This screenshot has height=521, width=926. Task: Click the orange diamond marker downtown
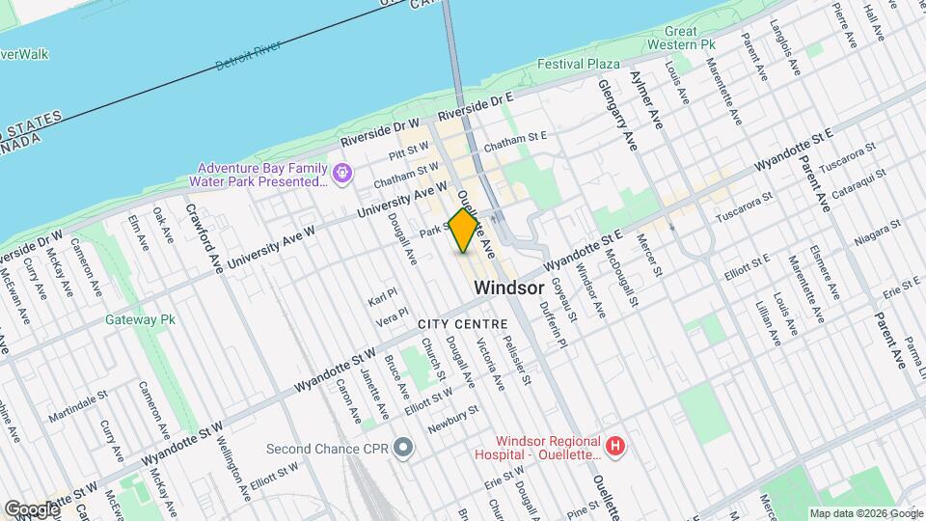tap(464, 231)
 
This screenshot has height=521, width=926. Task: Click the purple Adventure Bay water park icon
tap(341, 174)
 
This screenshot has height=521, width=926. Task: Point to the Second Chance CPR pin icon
tap(404, 448)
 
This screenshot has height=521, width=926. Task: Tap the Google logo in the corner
tap(31, 508)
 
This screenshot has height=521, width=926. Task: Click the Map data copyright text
tap(864, 512)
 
